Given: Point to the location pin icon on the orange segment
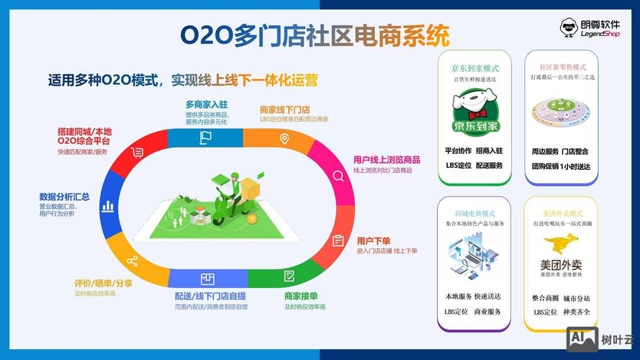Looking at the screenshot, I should coord(285,138).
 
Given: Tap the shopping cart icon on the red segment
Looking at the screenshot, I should coord(138,152).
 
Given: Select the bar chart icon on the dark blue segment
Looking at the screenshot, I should coord(108,206).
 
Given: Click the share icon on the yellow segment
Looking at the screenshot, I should coord(132,261).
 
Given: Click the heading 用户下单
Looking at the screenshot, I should coord(374,240).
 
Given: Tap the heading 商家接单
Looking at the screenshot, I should coord(301,296).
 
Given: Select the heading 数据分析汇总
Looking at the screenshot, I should coord(64,197).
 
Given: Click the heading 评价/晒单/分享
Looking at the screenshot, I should coord(103,283).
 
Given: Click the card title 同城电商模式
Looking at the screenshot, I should coord(474,214).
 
